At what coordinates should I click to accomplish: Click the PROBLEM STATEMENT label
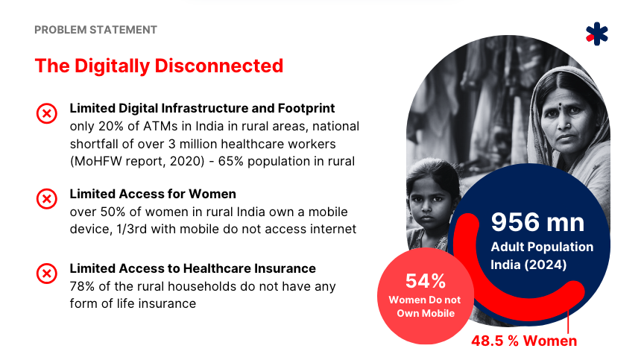pos(95,30)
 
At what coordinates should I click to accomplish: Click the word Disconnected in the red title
pos(219,66)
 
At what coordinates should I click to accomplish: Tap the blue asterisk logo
pos(597,34)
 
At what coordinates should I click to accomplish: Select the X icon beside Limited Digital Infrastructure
pos(47,113)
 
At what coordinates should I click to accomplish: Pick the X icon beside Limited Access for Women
pos(47,199)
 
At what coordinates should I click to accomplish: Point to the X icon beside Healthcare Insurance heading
pos(47,274)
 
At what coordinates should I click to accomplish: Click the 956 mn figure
pos(537,222)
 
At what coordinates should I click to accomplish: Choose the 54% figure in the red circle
pos(426,281)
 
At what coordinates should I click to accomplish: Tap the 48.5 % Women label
pos(524,341)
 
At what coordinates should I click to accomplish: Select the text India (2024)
pos(528,265)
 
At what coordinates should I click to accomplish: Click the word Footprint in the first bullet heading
pos(306,108)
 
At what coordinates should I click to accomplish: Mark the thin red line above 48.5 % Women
pos(568,322)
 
